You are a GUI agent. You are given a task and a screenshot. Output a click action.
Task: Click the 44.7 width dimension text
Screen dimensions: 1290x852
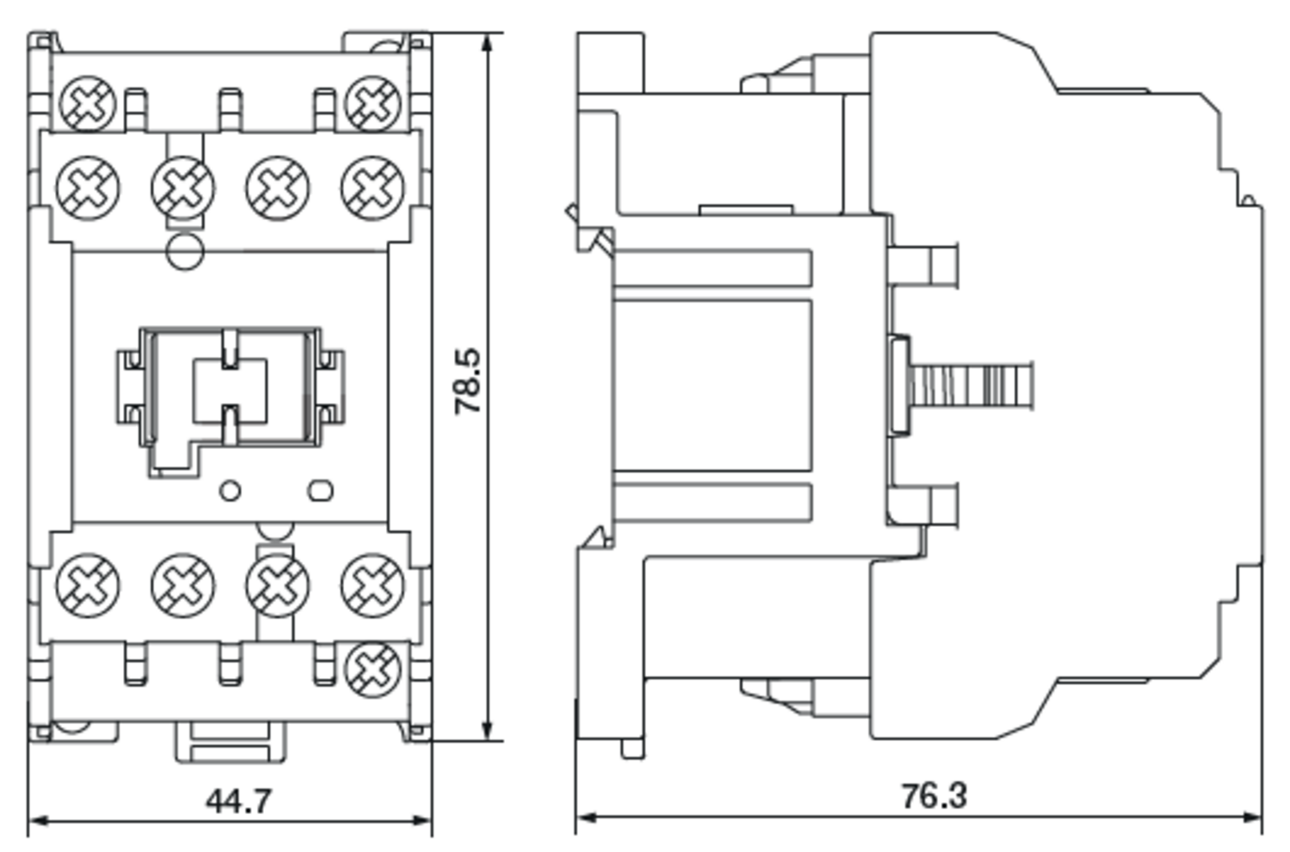tap(238, 801)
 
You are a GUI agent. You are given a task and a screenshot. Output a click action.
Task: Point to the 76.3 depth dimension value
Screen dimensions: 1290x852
tap(934, 796)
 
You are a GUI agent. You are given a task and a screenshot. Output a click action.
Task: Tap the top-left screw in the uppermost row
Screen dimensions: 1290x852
tap(88, 104)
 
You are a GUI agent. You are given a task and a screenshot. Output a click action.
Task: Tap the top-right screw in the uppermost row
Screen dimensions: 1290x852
tap(373, 104)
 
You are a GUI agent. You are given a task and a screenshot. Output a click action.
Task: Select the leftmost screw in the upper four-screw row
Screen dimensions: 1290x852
tap(88, 187)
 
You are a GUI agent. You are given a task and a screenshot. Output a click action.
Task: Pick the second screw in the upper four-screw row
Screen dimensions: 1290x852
tap(183, 187)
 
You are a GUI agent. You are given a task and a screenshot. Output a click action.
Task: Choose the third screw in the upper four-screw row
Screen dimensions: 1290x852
tap(278, 187)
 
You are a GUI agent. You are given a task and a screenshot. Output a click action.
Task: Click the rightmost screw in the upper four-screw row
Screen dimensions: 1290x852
tap(372, 187)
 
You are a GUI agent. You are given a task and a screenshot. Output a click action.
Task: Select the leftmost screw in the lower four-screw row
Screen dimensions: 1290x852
tap(88, 585)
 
